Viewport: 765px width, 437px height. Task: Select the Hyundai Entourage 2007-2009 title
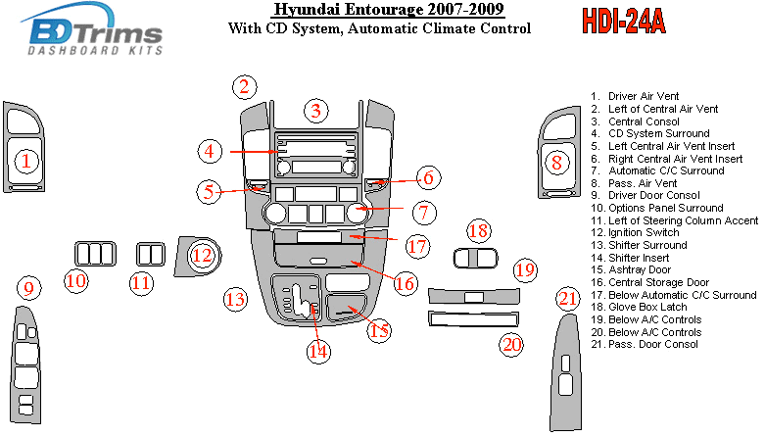coord(389,11)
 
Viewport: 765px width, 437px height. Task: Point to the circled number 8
coord(556,162)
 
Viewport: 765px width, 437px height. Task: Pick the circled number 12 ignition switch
coord(202,257)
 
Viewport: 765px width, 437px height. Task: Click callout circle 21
coord(568,298)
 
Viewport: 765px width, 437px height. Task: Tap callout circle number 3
coord(314,111)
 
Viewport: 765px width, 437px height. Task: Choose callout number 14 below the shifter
coord(315,351)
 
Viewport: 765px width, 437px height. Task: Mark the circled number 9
coord(29,288)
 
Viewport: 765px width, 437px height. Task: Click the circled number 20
coord(511,344)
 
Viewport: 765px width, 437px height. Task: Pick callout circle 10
coord(75,281)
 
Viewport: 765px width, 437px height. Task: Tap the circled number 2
coord(245,87)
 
